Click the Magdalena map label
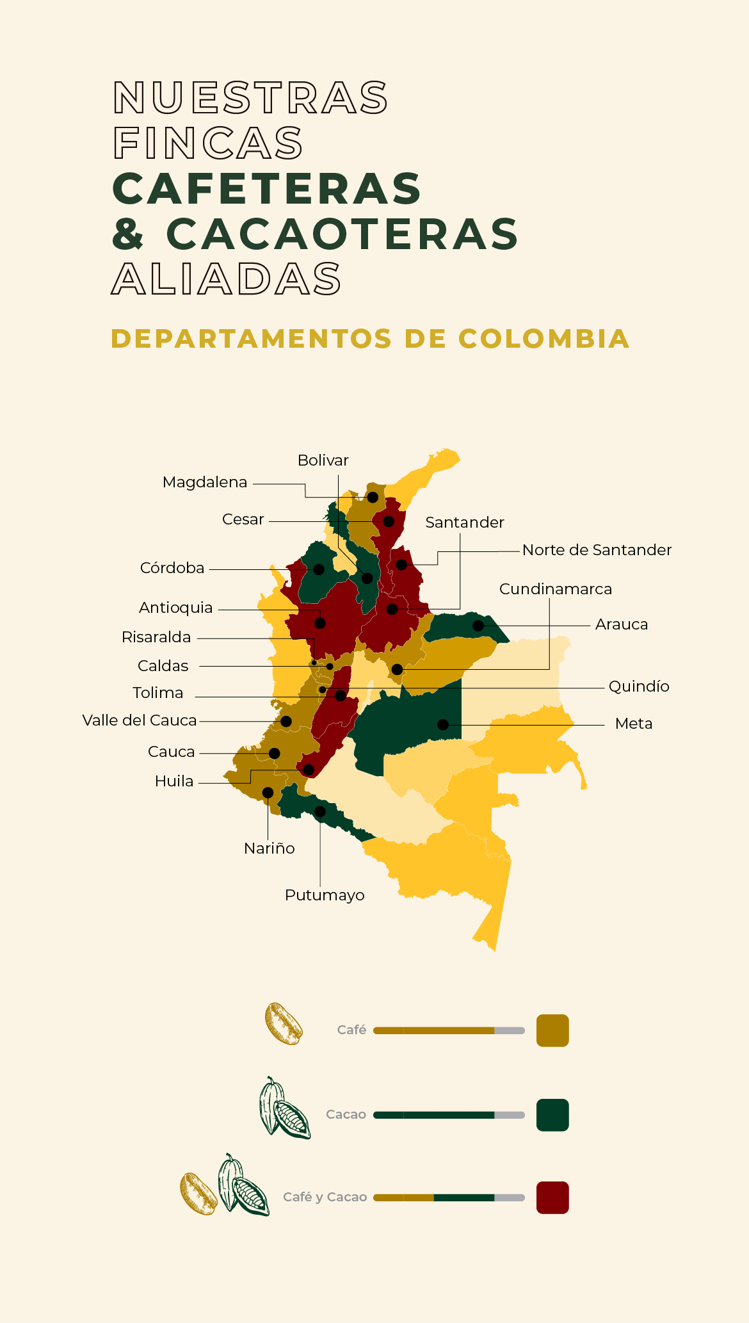click(x=205, y=482)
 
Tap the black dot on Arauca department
click(x=478, y=626)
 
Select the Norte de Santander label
click(x=597, y=550)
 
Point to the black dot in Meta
click(x=443, y=725)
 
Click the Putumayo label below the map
click(x=325, y=895)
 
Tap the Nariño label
click(x=270, y=848)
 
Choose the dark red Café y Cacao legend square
click(x=552, y=1197)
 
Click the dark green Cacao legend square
click(x=552, y=1115)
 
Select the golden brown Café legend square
click(x=552, y=1030)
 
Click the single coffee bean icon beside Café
click(x=284, y=1024)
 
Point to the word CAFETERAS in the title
click(x=267, y=189)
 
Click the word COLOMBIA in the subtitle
click(x=544, y=339)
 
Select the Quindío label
click(x=639, y=686)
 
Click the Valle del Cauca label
click(x=140, y=720)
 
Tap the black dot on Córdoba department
click(x=319, y=569)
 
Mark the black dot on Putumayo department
click(x=320, y=811)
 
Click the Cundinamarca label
click(x=556, y=589)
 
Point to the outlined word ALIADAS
click(x=227, y=279)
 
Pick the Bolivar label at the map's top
click(x=323, y=460)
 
